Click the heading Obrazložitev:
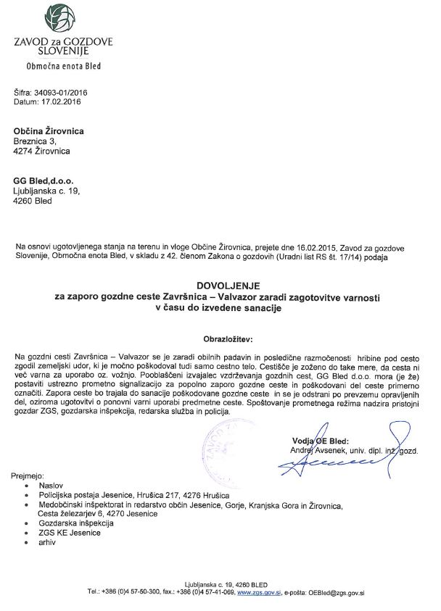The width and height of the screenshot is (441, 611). [x=220, y=338]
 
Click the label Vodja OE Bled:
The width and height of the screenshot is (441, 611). [x=318, y=440]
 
